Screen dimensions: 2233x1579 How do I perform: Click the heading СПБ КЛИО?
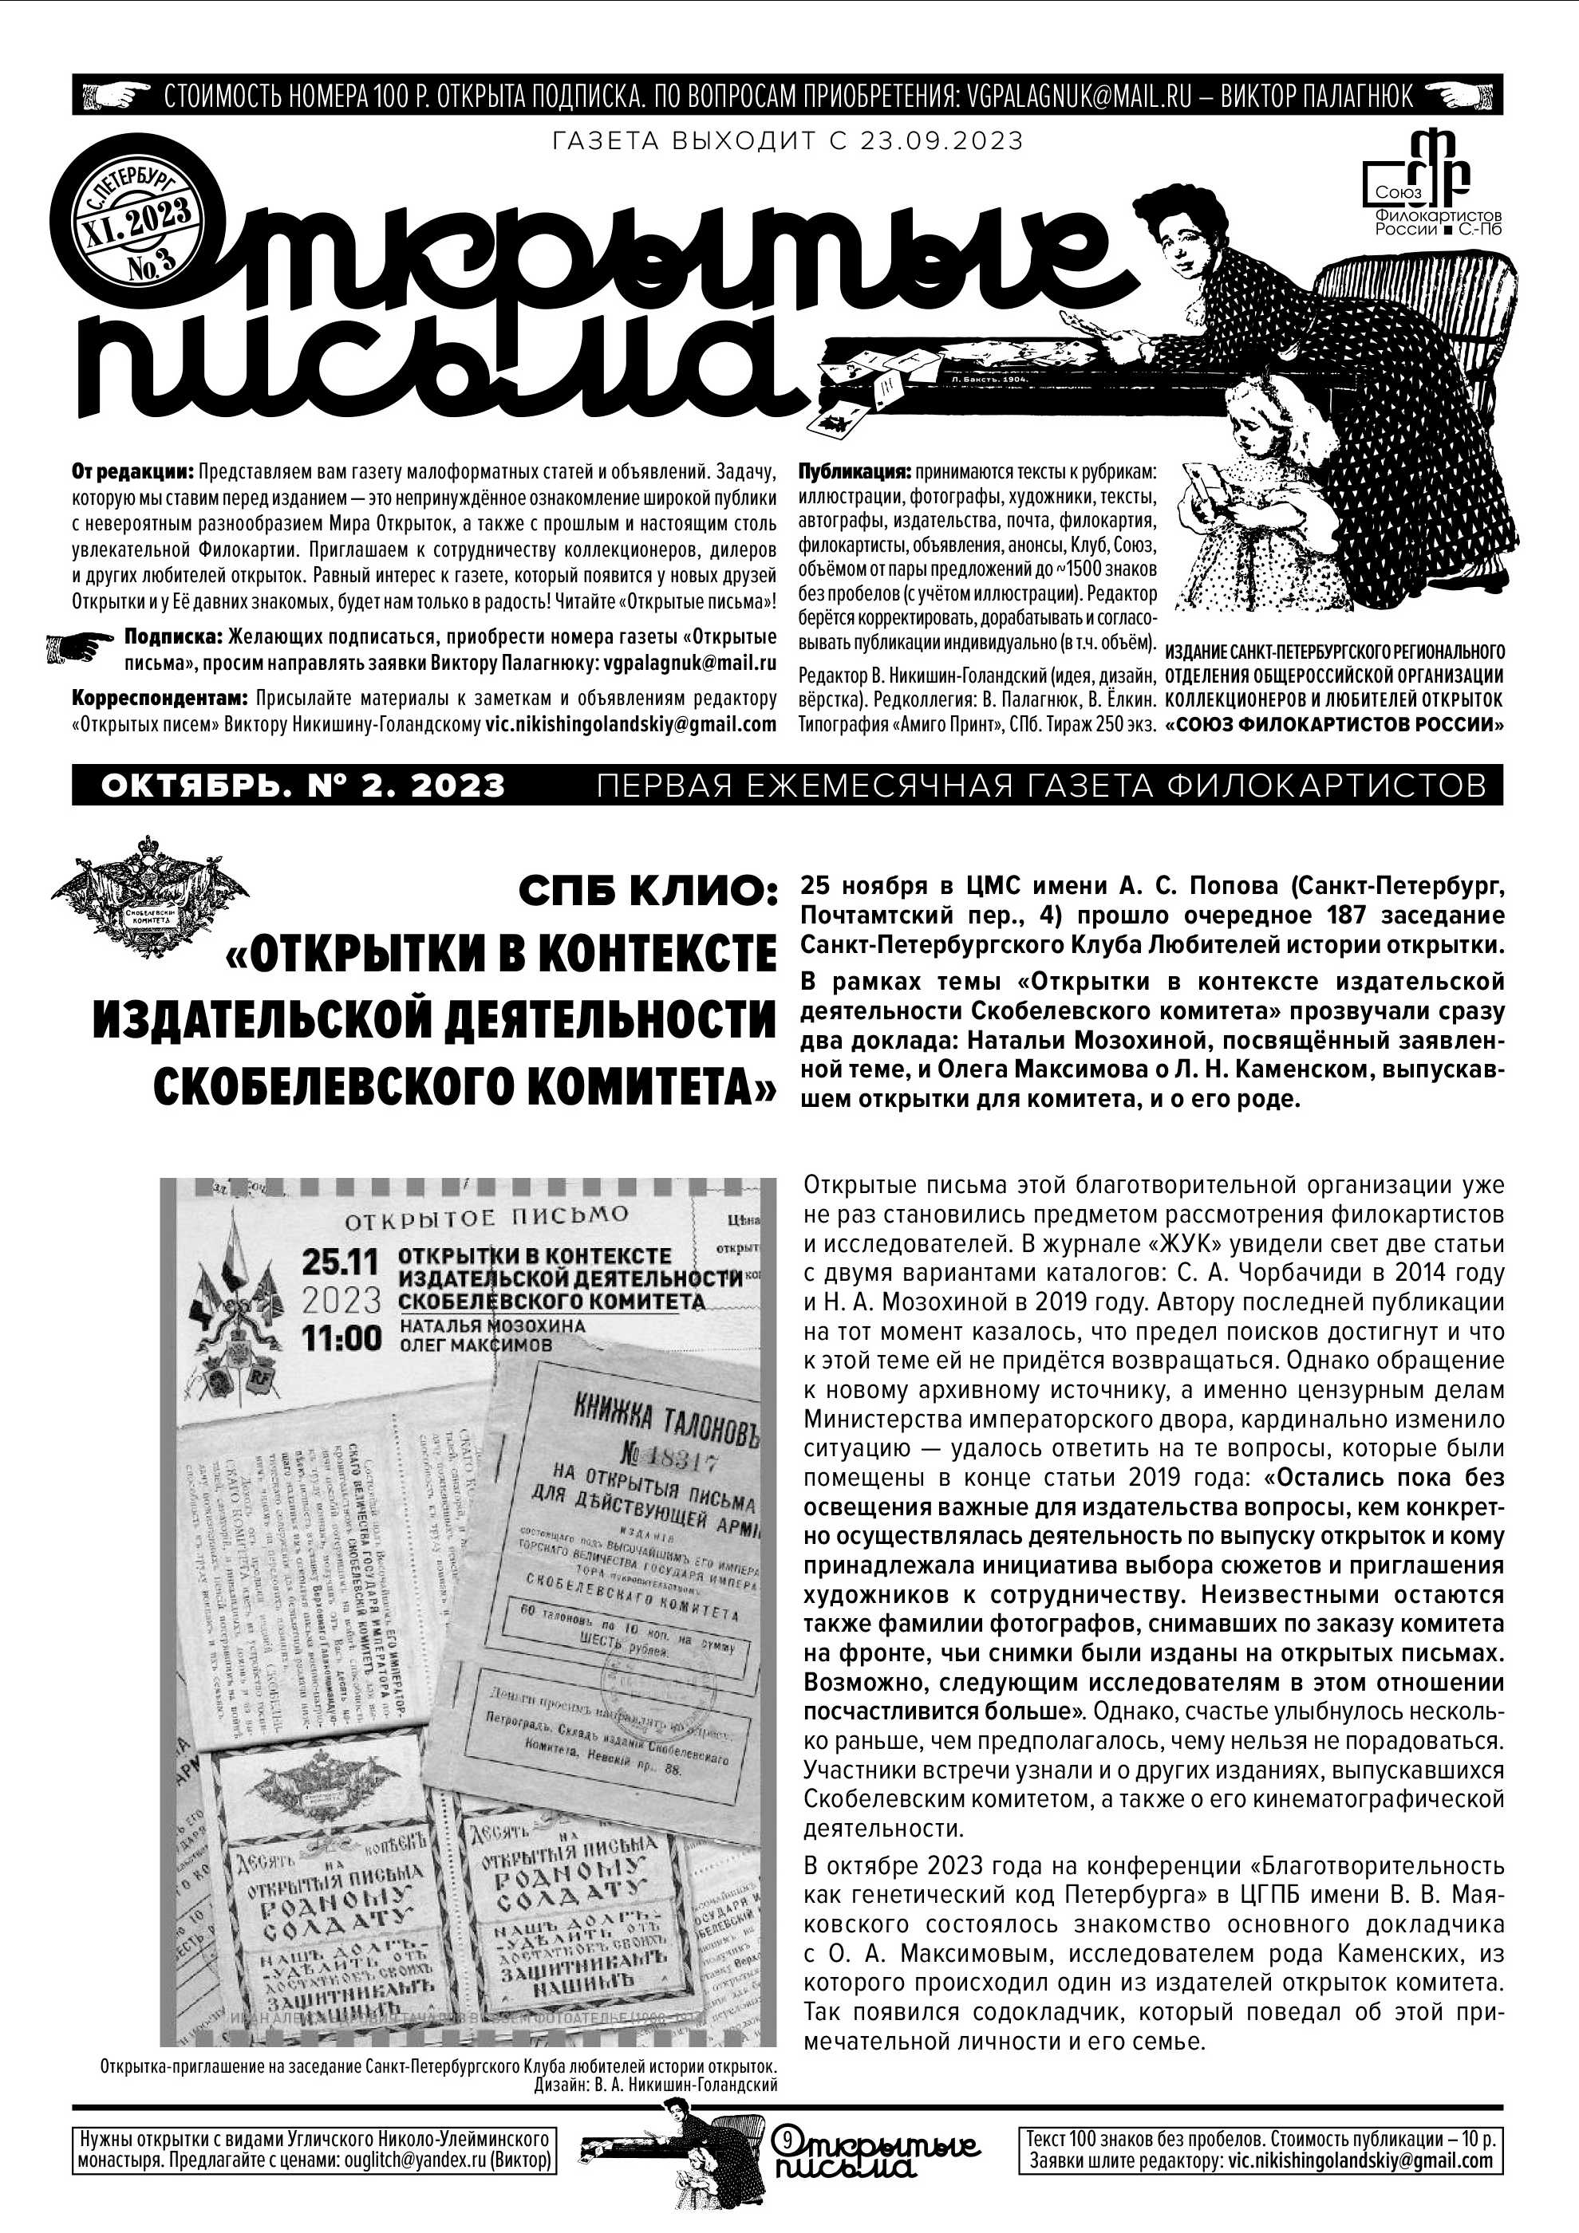[x=648, y=890]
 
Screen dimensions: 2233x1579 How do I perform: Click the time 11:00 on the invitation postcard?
[x=341, y=1338]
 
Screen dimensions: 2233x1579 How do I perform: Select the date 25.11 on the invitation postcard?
[x=341, y=1262]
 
